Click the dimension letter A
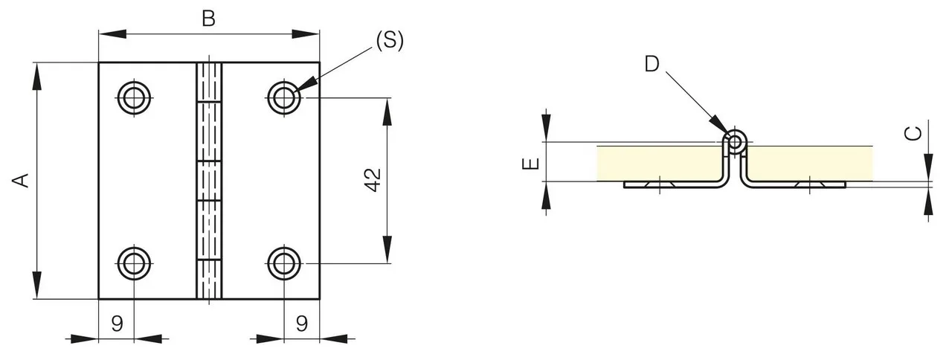[20, 181]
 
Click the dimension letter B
[208, 19]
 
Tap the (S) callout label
[390, 40]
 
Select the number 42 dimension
[373, 181]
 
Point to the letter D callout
[652, 64]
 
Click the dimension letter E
[531, 164]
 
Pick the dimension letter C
[913, 134]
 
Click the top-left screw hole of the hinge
[135, 98]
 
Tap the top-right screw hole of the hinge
[284, 98]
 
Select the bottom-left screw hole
[135, 263]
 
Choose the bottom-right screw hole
[284, 263]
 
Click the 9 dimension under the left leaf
[118, 324]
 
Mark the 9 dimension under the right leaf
[302, 324]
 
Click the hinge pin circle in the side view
[736, 142]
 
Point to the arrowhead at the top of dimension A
[37, 76]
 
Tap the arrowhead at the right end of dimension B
[306, 34]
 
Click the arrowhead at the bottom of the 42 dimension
[387, 250]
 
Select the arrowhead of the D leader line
[719, 126]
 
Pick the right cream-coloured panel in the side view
[810, 164]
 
